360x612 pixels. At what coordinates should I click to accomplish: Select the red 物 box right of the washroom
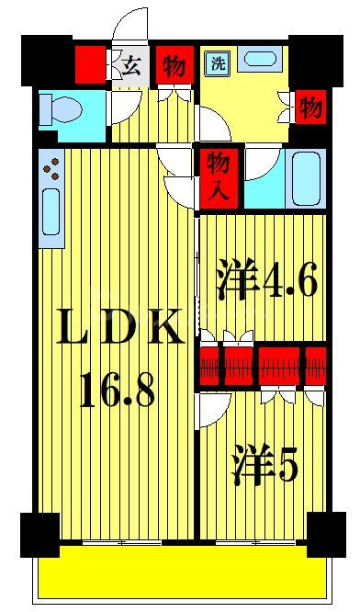point(309,107)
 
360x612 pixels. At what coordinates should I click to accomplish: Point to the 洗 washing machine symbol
point(218,63)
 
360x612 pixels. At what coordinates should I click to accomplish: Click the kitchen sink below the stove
point(51,217)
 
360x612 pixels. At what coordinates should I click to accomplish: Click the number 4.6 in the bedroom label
point(288,281)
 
